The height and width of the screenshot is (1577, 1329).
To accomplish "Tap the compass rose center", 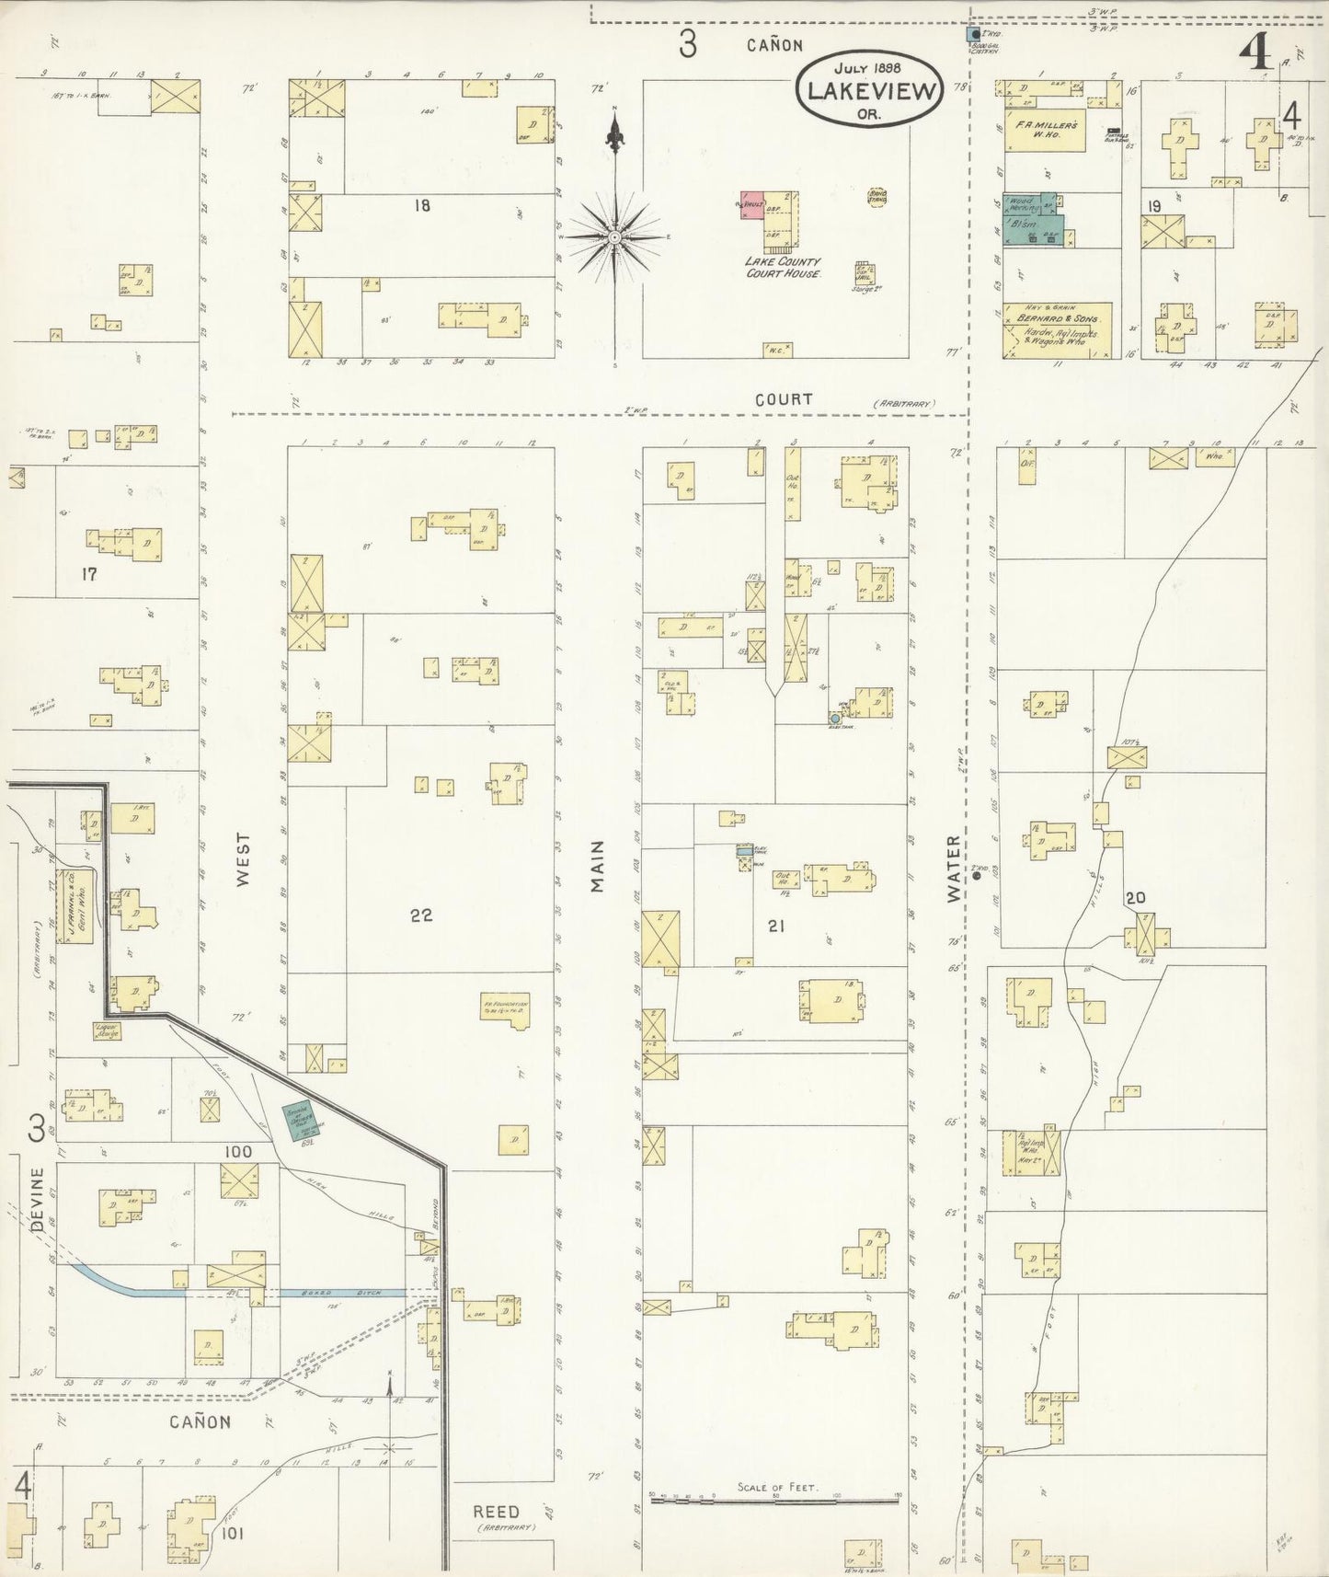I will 614,236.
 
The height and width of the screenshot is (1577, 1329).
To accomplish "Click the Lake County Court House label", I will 782,267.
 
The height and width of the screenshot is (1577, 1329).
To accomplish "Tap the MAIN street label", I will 598,866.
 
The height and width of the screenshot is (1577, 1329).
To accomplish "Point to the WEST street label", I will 243,859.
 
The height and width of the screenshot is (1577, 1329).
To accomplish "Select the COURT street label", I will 784,399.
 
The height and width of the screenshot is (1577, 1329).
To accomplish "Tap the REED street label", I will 496,1511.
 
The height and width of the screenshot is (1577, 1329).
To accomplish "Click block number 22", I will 421,915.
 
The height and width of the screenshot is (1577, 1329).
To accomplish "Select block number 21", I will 776,927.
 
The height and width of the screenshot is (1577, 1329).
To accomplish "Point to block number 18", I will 421,205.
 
